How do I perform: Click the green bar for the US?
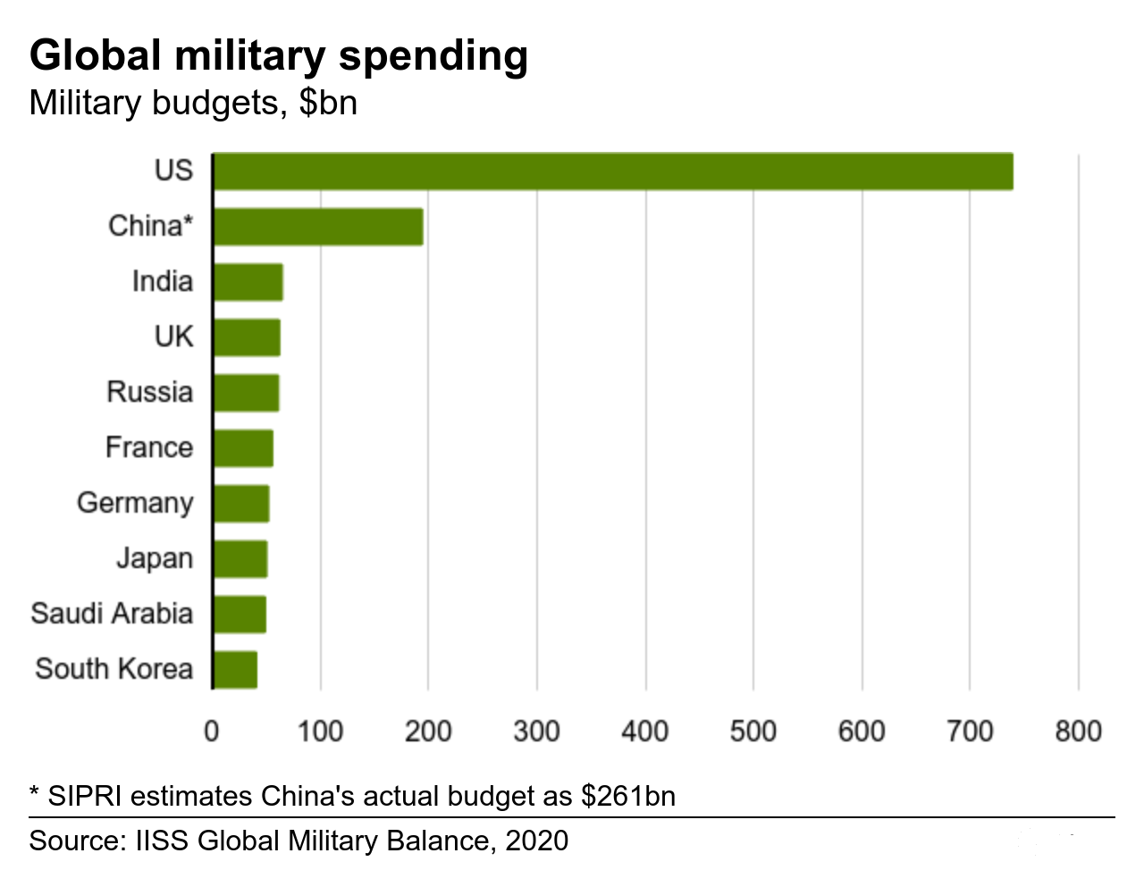point(613,171)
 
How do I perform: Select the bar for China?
point(318,227)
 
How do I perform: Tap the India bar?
point(248,282)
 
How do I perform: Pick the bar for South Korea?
point(235,670)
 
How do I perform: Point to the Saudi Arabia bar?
point(240,615)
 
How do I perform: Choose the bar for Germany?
point(241,504)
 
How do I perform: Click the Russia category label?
point(149,392)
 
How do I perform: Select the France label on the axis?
point(149,447)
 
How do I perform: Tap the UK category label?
point(173,337)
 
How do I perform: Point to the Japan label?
point(155,558)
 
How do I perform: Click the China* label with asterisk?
point(150,226)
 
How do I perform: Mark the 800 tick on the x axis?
point(1078,732)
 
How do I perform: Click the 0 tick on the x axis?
point(212,732)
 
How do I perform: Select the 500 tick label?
point(753,732)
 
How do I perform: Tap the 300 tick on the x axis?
point(536,732)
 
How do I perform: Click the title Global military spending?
point(279,55)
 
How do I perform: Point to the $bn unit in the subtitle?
point(328,104)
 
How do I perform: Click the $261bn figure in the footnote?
point(627,796)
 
